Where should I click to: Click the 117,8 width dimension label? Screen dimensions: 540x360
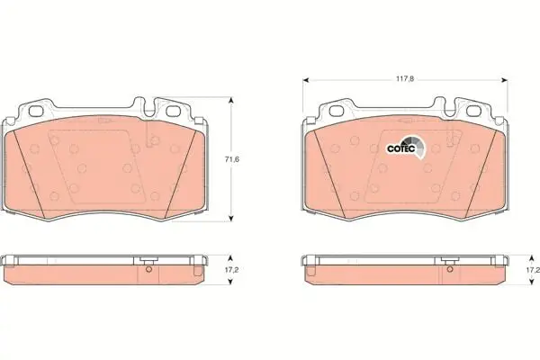404,79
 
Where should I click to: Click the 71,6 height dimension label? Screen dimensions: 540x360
232,159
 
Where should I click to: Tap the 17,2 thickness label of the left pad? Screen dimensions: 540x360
232,270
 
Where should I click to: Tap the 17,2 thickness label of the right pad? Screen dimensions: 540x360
534,270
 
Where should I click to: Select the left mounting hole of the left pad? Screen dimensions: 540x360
35,111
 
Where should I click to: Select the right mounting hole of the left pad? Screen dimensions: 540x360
172,111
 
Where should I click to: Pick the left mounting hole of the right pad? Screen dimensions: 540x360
336,111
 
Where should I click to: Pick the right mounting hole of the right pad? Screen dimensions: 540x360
472,111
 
